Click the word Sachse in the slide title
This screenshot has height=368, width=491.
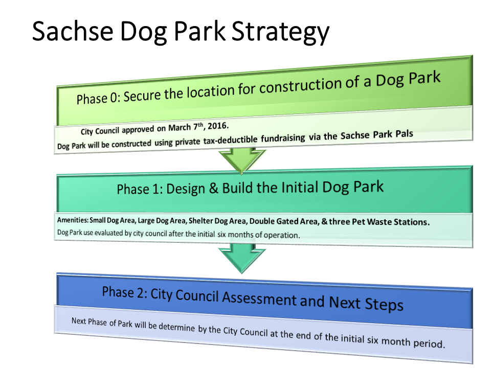coord(73,31)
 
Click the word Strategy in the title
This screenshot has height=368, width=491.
coord(281,33)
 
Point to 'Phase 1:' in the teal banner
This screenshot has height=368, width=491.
coord(140,190)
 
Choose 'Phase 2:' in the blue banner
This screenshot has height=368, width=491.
coord(125,292)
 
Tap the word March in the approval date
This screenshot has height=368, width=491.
coord(180,128)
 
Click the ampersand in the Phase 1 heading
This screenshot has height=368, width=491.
coord(214,188)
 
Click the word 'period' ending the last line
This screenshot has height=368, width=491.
coord(429,343)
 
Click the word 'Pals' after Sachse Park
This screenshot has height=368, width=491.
coord(404,133)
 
